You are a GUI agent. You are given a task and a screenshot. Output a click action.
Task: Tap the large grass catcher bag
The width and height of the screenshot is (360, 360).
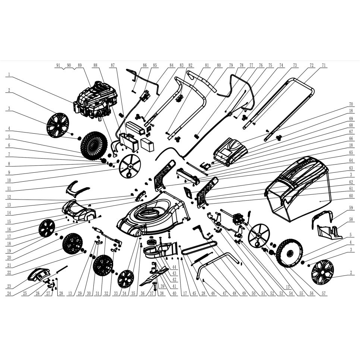pos(299,188)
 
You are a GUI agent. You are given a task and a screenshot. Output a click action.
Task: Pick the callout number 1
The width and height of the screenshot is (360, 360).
pos(9,74)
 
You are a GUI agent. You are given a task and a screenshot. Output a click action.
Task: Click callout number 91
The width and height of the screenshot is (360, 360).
pos(58,65)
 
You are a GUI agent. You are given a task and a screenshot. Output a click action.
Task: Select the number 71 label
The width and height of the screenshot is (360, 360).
pos(324,65)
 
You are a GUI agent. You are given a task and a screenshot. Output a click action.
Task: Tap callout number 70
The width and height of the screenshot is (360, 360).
pos(351,104)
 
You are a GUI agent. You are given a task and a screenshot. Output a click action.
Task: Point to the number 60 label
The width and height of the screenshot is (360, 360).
pos(351,196)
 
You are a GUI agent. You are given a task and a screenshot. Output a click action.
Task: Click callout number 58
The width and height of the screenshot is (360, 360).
pos(351,220)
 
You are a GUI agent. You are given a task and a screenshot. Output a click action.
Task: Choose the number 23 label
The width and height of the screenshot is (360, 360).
pos(9,286)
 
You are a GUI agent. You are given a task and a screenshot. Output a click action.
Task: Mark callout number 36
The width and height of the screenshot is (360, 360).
pos(143,293)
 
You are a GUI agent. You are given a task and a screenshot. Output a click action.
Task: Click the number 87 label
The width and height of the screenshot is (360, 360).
pos(112,65)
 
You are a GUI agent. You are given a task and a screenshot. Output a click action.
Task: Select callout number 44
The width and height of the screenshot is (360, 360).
pos(174,267)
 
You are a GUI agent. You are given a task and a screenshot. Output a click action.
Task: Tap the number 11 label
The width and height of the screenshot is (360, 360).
pos(9,189)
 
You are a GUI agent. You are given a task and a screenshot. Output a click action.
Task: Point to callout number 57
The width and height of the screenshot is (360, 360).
pos(324,293)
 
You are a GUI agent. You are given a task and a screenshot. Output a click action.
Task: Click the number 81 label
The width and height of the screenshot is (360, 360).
pos(207,65)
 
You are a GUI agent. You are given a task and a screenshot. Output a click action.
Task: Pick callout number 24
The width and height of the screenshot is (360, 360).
pos(9,293)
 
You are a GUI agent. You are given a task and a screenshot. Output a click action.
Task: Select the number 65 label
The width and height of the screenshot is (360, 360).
pos(351,153)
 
